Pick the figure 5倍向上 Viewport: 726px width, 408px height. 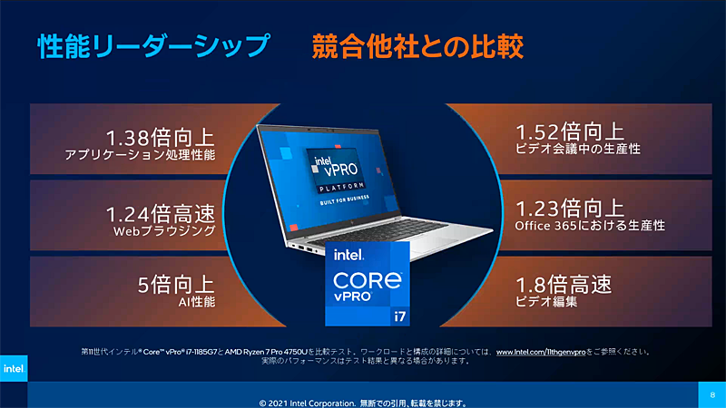[176, 285]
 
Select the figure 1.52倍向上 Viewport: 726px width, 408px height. [569, 131]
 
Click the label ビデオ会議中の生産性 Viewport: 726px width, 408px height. [578, 148]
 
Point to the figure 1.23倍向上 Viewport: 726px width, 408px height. [569, 208]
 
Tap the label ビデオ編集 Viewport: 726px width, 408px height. [546, 301]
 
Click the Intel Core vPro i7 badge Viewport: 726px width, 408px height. [367, 282]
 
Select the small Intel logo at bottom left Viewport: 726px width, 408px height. [13, 368]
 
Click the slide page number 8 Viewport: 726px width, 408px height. [712, 394]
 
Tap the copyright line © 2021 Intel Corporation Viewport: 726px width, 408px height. [363, 403]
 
